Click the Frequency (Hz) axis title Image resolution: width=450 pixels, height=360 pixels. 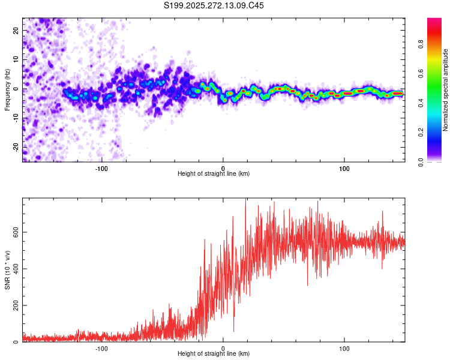(7, 89)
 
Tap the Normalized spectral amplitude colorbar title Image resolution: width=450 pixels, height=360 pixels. (446, 90)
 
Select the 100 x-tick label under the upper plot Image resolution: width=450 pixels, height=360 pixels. (344, 168)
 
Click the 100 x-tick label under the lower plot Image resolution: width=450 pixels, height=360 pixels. (344, 348)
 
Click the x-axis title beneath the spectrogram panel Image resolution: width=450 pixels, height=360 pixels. (214, 174)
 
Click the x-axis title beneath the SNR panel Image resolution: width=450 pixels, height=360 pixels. (214, 354)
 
